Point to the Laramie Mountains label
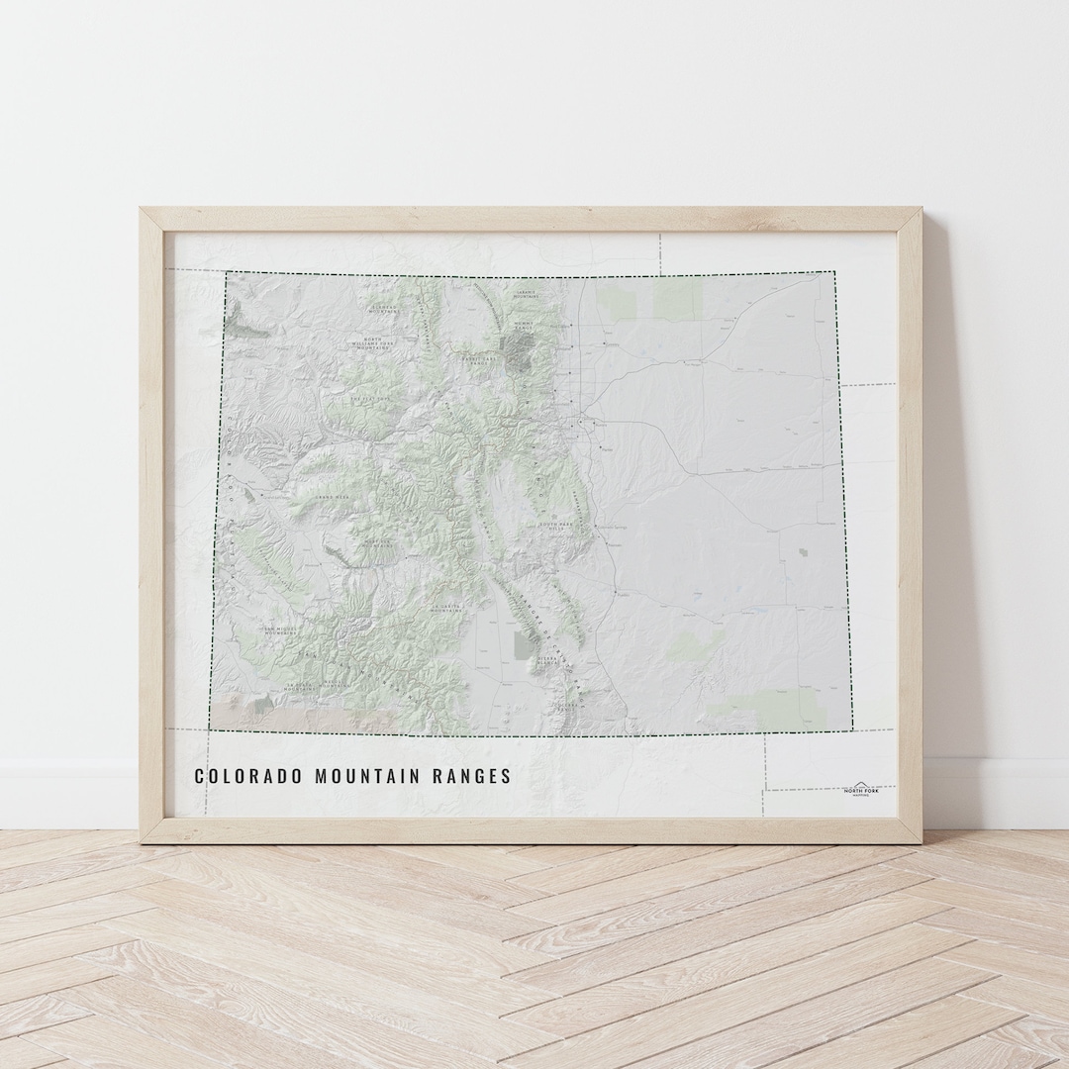[x=524, y=294]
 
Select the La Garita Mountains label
[x=446, y=610]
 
